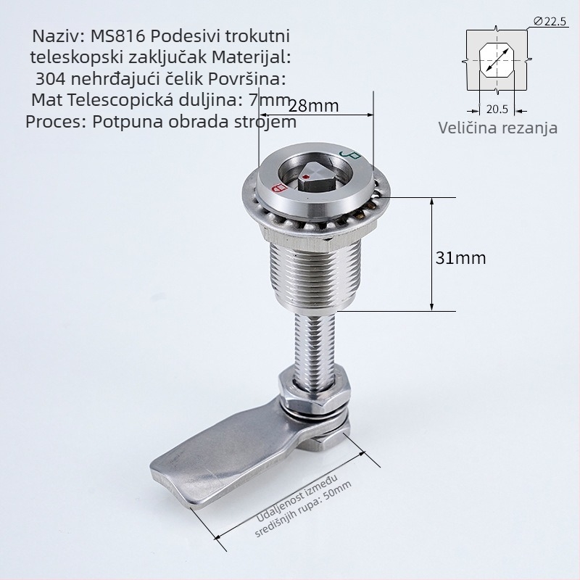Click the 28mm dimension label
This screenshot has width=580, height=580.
[x=313, y=106]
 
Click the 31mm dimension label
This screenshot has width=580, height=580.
[x=460, y=258]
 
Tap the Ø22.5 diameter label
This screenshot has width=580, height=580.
[x=550, y=22]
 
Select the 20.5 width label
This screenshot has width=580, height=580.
[x=497, y=109]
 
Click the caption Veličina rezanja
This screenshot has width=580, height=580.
[x=498, y=128]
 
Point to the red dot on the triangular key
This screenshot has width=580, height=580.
[x=305, y=178]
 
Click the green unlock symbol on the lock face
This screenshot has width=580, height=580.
[x=349, y=154]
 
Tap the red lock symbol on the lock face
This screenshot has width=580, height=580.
[x=279, y=187]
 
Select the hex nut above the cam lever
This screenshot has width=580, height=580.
[x=315, y=390]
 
